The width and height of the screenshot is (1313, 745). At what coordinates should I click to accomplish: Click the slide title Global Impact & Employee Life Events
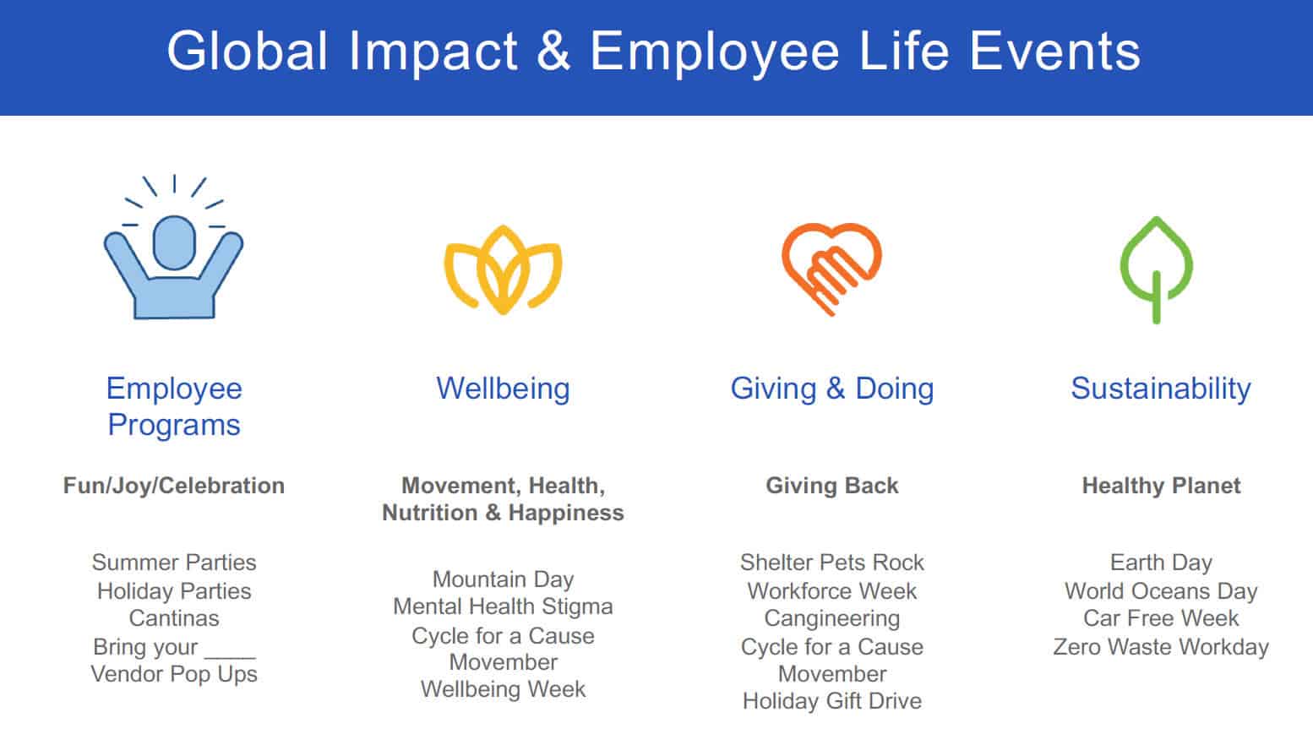coord(653,52)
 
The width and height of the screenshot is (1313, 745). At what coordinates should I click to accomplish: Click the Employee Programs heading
coord(174,406)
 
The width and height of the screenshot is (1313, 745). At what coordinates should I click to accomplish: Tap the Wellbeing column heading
coord(503,389)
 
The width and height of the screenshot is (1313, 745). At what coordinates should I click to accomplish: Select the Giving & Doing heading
coord(831,389)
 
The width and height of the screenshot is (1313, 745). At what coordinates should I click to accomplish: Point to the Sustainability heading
coord(1160,389)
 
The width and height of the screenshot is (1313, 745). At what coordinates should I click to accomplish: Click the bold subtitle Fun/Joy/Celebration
coord(174,486)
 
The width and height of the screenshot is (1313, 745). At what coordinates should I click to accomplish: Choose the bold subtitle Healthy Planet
coord(1161,486)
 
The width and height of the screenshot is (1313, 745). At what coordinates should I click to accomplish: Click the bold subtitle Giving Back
coord(831,486)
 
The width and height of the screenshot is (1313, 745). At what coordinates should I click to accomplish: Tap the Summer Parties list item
coord(174,563)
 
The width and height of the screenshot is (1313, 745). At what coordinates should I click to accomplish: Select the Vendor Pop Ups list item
coord(174,674)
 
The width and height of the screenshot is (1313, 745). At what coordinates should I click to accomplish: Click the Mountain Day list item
coord(503,579)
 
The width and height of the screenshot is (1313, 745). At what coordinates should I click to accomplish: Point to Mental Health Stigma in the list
coord(503,606)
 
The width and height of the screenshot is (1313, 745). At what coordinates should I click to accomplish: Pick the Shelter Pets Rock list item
coord(831,563)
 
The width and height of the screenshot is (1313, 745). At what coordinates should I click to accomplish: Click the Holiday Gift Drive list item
coord(831,701)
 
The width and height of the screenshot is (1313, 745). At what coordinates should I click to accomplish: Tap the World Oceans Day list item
coord(1161,591)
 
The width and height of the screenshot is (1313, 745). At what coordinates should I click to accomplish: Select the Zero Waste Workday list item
coord(1161,647)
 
